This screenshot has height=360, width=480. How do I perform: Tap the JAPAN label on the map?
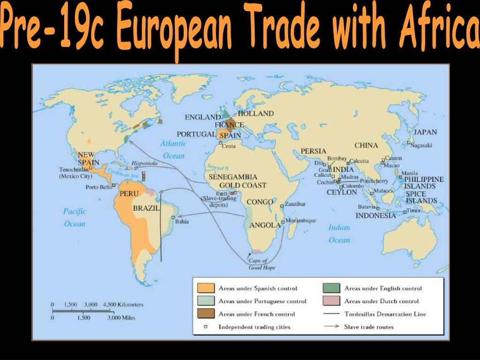click(425, 132)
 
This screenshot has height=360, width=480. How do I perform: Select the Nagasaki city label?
click(421, 145)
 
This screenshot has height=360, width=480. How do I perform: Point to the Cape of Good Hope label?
click(262, 264)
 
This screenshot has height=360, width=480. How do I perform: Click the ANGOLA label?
click(265, 225)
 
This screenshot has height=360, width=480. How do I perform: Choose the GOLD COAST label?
click(243, 186)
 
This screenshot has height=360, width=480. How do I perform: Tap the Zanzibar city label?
click(295, 204)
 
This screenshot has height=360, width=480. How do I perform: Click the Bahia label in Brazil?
click(181, 222)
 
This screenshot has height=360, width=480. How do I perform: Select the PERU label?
click(129, 193)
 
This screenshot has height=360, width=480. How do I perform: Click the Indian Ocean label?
click(339, 234)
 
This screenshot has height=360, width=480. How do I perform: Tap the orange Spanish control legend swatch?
click(206, 288)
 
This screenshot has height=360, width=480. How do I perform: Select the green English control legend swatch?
click(331, 288)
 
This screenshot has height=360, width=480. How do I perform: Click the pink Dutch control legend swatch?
click(331, 301)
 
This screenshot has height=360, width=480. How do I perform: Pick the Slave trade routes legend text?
click(369, 327)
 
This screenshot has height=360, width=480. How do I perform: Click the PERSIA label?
click(313, 151)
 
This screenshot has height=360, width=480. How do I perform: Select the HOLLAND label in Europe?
click(255, 113)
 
